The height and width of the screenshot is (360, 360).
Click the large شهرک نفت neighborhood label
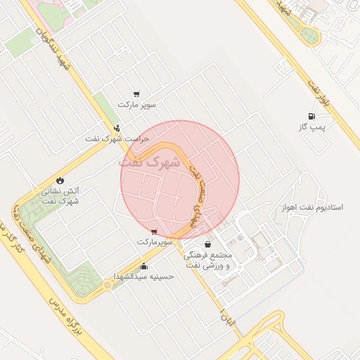click(150, 161)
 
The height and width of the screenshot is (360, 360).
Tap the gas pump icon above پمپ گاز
click(309, 116)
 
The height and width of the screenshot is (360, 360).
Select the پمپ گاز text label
click(309, 127)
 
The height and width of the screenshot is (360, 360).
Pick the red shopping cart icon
click(154, 231)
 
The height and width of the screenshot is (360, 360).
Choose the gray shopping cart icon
click(136, 94)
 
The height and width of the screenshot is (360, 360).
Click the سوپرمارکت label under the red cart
click(154, 241)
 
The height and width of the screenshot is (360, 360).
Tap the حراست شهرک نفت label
click(117, 139)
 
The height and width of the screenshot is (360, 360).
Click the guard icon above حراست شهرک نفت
click(117, 128)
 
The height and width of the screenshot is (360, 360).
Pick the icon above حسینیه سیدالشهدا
click(143, 266)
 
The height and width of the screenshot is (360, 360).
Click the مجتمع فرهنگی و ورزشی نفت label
click(211, 259)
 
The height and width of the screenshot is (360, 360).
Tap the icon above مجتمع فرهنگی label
click(207, 244)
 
